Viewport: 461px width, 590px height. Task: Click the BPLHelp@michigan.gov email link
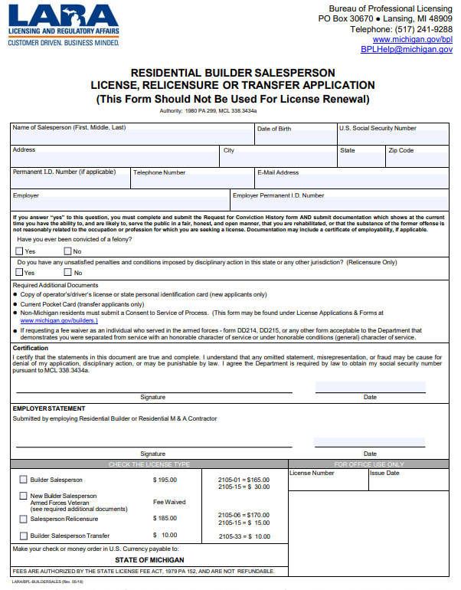pos(407,49)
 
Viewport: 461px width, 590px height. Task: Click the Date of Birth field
pos(295,137)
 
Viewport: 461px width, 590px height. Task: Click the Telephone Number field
pos(191,182)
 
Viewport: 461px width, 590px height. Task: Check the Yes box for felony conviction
pos(20,251)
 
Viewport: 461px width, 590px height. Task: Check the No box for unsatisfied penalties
pos(68,273)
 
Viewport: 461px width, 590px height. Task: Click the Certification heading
pos(31,348)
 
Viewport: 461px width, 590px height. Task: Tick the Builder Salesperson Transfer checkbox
pos(22,536)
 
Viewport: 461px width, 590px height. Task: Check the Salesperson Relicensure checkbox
pos(22,519)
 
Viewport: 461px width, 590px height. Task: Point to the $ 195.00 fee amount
pos(165,480)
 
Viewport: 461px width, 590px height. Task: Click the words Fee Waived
pos(169,502)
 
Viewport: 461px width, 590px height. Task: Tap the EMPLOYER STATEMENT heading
pos(49,408)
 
